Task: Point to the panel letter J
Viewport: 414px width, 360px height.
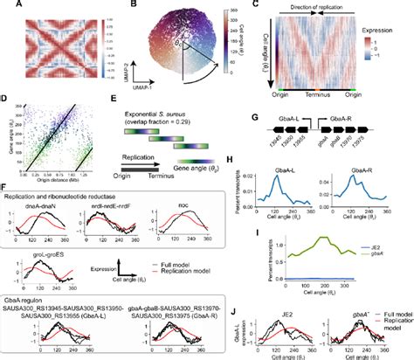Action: tap(253, 302)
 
